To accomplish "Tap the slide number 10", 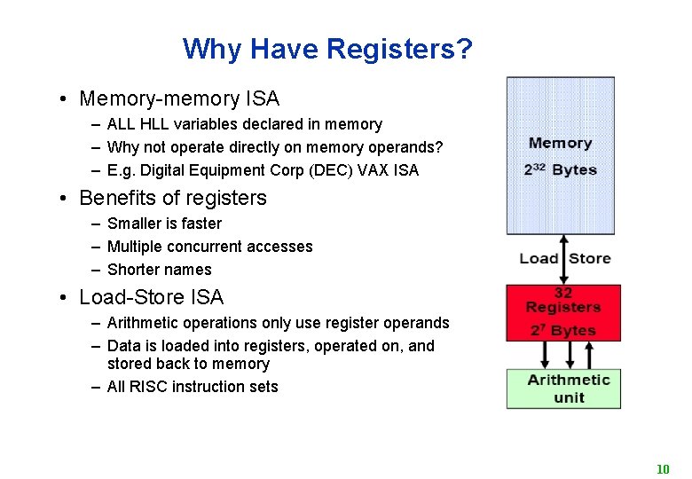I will click(x=662, y=468).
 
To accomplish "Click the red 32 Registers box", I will click(x=562, y=312).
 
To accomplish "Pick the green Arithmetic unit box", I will click(x=563, y=389).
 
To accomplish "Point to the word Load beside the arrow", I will click(x=539, y=258).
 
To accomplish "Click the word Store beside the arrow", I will click(x=589, y=258).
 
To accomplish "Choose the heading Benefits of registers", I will click(x=172, y=198).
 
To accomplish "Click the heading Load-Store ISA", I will click(x=151, y=297).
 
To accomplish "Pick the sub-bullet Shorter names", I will click(x=159, y=270).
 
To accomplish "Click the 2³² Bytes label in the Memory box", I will click(x=560, y=169).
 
